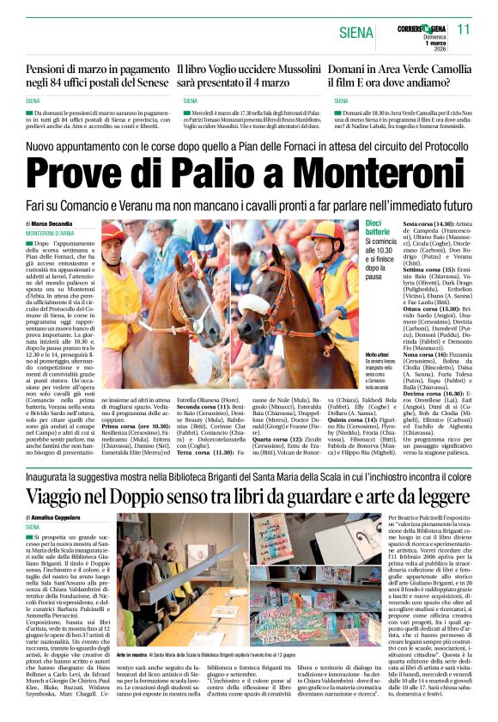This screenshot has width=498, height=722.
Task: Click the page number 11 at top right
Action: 465,28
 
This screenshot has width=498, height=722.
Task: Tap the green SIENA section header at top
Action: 355,33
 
